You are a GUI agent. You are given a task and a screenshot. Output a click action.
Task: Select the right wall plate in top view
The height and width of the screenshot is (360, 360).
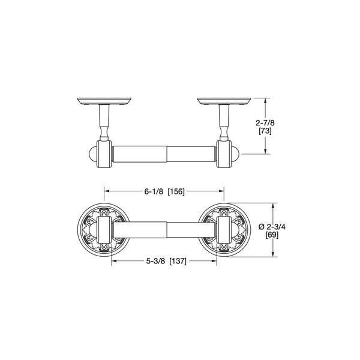224,101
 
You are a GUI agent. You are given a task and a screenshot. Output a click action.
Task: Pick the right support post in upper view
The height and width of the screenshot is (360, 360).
224,123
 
